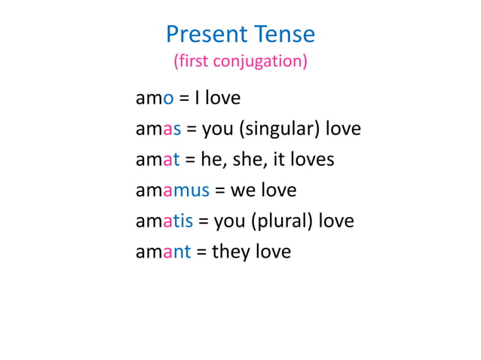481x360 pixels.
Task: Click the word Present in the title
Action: (206, 34)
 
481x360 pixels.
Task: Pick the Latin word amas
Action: (158, 129)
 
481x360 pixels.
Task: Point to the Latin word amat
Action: (155, 160)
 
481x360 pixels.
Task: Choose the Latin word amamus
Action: (172, 190)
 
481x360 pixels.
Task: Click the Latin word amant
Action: (163, 251)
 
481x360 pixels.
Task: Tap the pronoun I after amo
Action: (195, 99)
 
